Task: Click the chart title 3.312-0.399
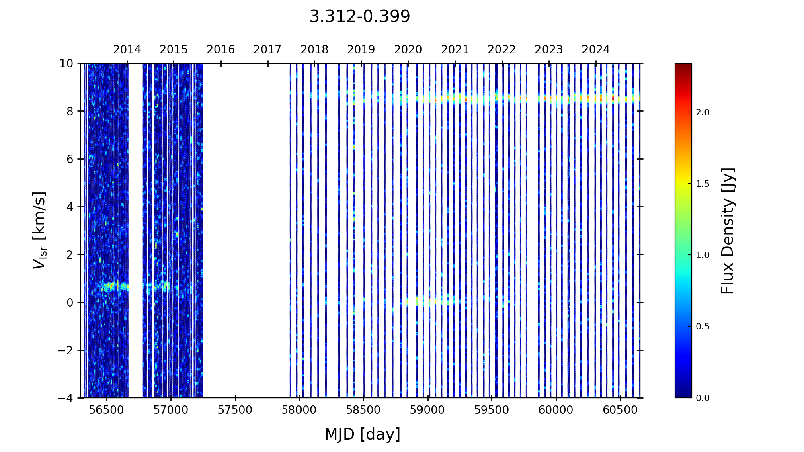359,17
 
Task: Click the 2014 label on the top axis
127,50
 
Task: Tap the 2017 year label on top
267,50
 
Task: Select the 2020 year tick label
408,50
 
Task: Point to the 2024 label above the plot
596,50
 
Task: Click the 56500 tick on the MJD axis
107,410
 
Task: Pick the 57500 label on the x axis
235,410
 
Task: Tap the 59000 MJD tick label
428,410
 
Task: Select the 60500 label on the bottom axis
620,410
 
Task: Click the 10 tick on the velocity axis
67,63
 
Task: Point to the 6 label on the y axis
70,159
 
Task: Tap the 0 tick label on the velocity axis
70,303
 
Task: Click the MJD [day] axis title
363,434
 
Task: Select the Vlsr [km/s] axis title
39,230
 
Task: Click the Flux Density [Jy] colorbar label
728,231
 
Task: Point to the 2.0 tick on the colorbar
703,112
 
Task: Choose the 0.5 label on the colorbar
703,327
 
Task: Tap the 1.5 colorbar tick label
703,184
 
